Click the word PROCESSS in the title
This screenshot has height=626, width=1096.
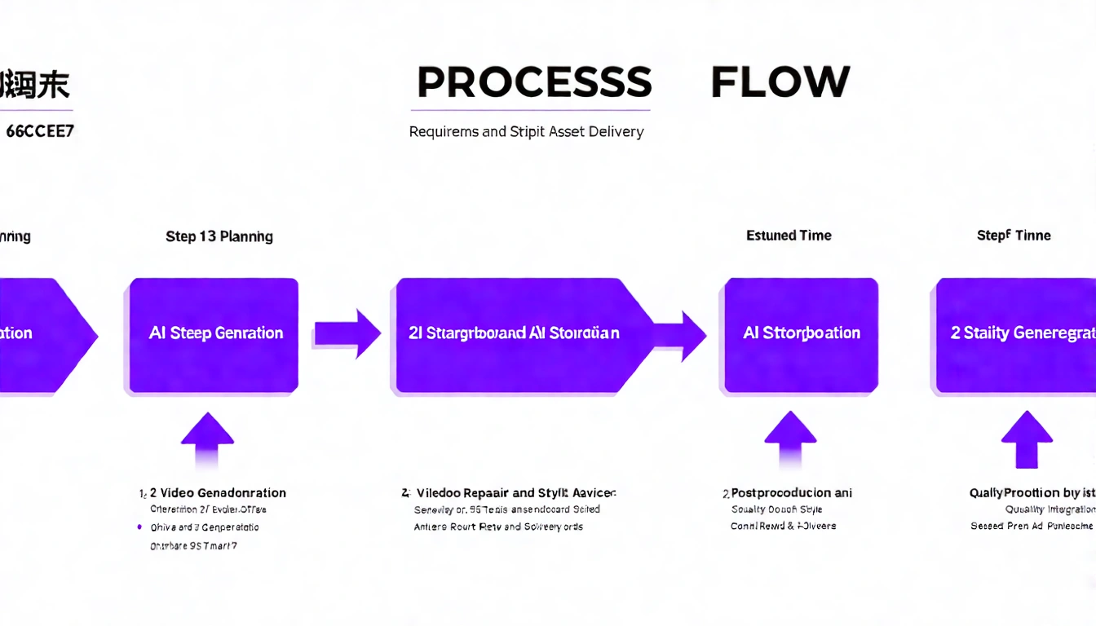534,82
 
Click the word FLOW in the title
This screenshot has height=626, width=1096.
780,82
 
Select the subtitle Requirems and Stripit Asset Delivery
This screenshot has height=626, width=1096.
526,131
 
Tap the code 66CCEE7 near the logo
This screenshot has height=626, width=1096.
40,130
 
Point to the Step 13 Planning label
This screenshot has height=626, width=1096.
219,236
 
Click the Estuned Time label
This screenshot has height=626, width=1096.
789,236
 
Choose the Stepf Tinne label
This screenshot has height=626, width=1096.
1014,236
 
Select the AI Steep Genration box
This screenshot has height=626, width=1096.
214,334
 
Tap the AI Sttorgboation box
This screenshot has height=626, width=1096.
801,334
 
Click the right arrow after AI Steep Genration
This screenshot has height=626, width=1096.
347,333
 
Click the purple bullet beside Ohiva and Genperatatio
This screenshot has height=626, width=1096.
140,527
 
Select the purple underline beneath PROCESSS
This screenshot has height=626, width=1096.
530,110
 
